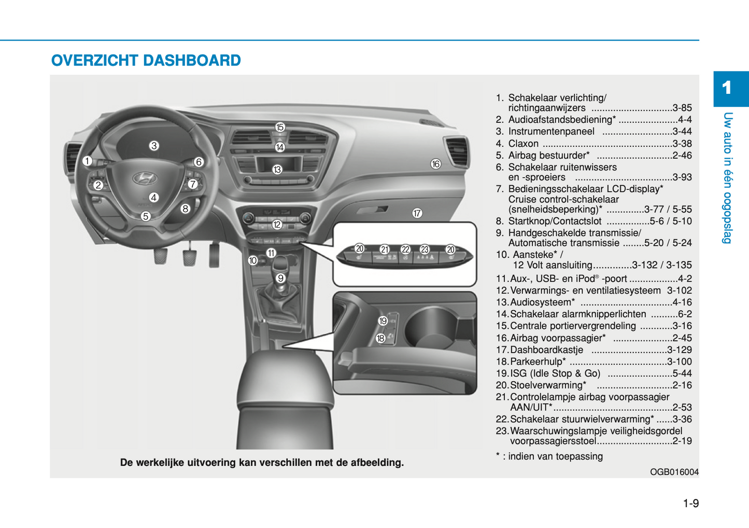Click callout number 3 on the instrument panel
point(154,146)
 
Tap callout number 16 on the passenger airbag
point(435,164)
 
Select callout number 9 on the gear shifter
point(280,278)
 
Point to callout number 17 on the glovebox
point(417,213)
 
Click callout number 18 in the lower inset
point(380,339)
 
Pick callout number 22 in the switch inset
point(405,249)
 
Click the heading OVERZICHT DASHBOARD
point(146,61)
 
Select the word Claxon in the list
point(523,144)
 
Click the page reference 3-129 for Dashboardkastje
point(679,350)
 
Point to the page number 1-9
point(690,503)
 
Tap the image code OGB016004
point(674,472)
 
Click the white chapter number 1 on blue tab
point(727,88)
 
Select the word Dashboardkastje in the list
point(546,350)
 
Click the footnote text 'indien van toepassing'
point(555,456)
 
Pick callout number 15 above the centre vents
point(280,127)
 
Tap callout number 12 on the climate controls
point(277,225)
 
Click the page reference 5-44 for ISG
point(682,373)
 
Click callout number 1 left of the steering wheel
point(87,161)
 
